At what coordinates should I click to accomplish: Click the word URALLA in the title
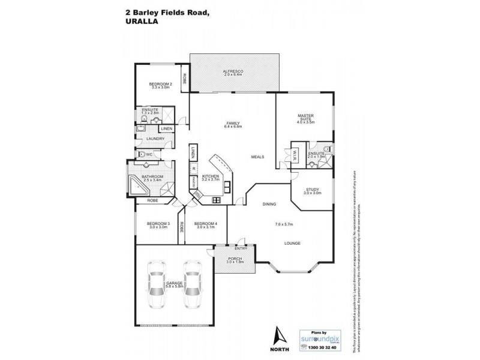point(141,18)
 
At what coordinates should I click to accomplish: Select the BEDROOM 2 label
point(160,83)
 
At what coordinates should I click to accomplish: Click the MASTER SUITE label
point(306,118)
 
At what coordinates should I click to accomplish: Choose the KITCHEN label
point(210,176)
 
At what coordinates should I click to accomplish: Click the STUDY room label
point(312,190)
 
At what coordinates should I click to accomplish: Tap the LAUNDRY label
point(147,140)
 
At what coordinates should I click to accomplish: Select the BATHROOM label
point(154,176)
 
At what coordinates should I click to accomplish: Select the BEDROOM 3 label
point(159,224)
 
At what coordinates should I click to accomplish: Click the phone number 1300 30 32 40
point(323,347)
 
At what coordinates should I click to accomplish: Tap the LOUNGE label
point(293,243)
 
